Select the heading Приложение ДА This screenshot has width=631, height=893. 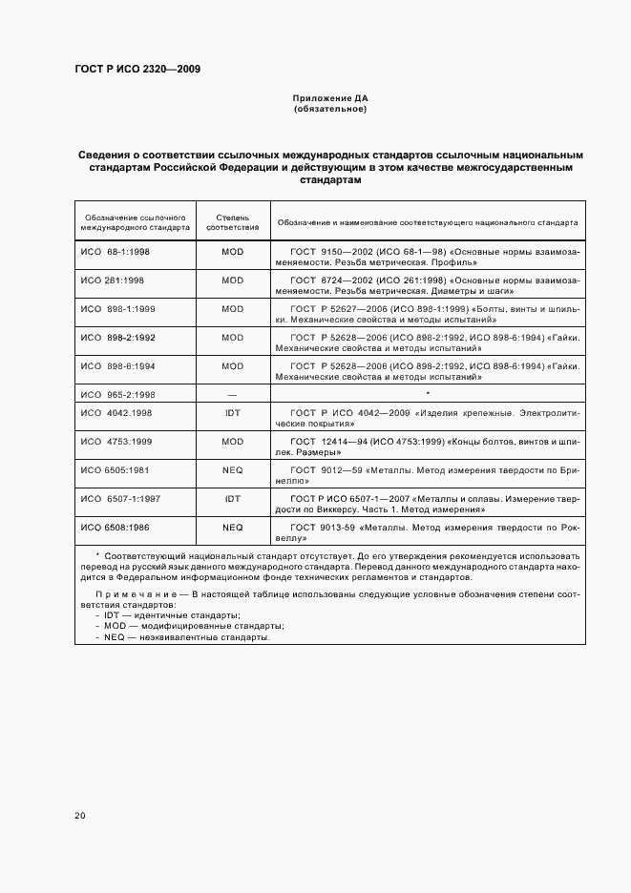(x=329, y=98)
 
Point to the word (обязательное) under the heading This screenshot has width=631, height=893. (x=329, y=109)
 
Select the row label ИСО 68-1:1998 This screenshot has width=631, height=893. (x=109, y=253)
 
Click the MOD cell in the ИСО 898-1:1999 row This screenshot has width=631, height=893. (x=232, y=309)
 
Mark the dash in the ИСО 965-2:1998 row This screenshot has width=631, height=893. (x=232, y=393)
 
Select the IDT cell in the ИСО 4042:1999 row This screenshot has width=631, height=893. (x=232, y=413)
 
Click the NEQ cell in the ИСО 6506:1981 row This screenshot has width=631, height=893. (x=232, y=469)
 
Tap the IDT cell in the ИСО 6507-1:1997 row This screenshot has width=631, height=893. (x=232, y=498)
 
